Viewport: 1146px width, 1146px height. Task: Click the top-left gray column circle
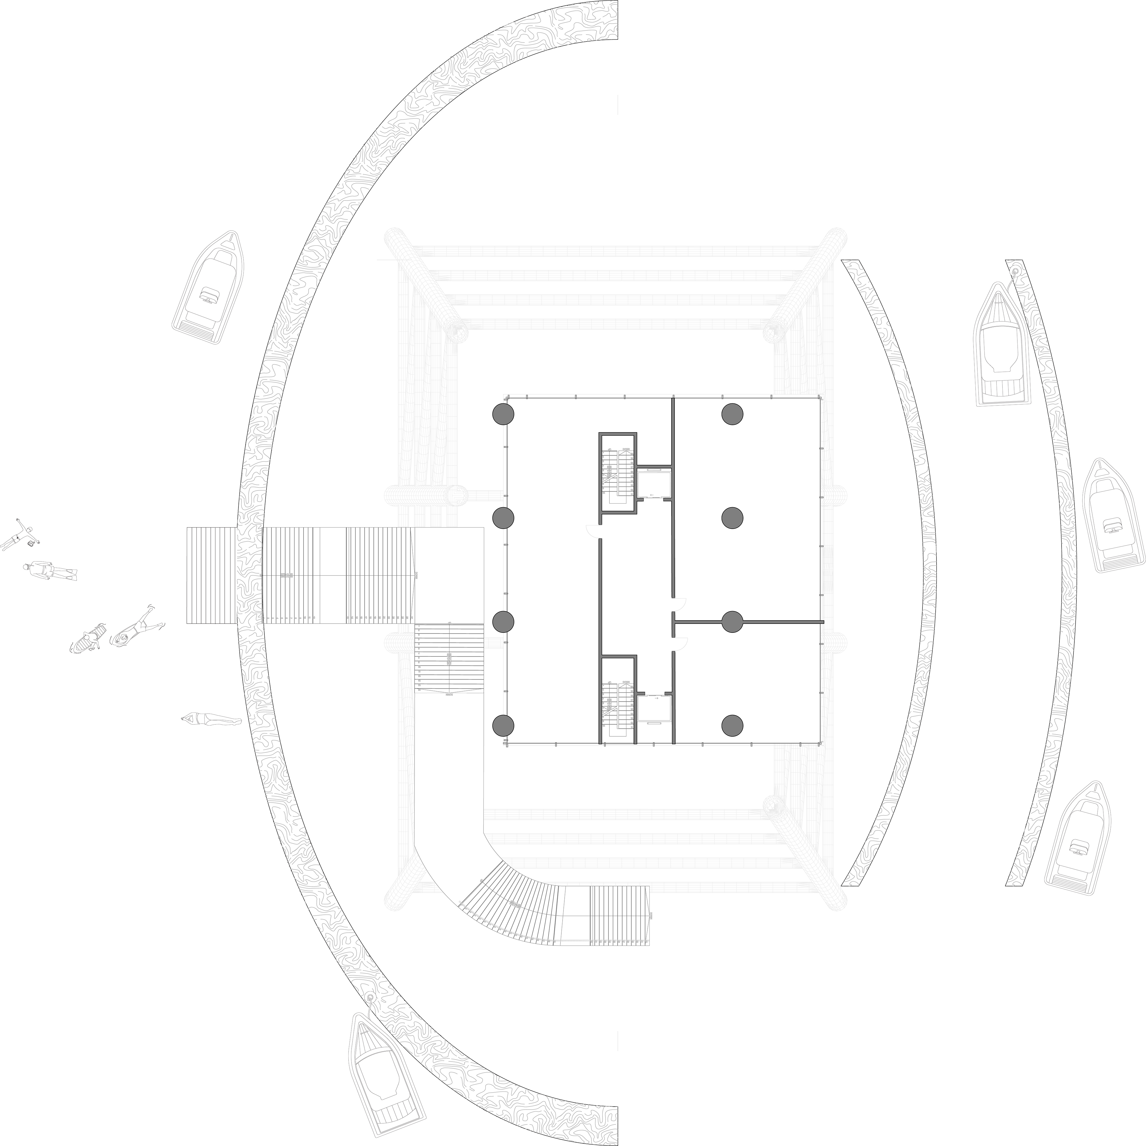[x=503, y=414]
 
